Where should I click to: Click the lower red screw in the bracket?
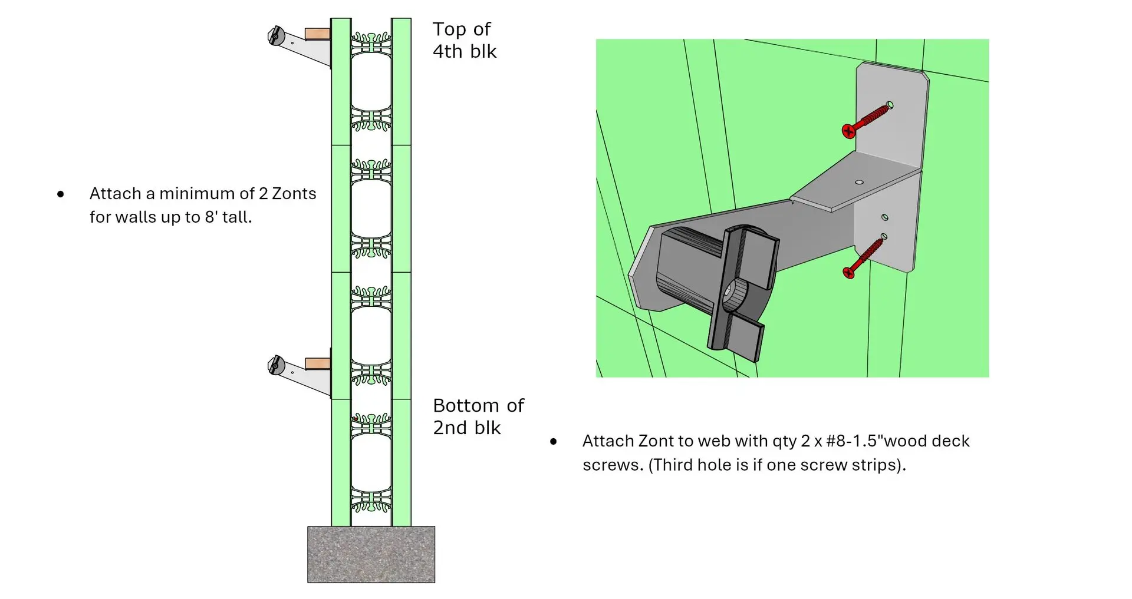[864, 256]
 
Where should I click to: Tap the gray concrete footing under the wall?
[371, 554]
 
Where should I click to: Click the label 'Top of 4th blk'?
[465, 40]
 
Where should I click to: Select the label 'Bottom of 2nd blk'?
[478, 416]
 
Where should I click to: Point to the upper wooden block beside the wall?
[318, 34]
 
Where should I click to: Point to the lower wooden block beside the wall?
[318, 363]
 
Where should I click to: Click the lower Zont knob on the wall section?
[275, 365]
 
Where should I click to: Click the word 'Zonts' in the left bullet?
[294, 194]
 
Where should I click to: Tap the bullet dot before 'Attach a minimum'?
[60, 194]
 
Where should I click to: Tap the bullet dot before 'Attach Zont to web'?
[553, 441]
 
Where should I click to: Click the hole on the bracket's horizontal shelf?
[859, 182]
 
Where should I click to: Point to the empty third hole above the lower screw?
[884, 217]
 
